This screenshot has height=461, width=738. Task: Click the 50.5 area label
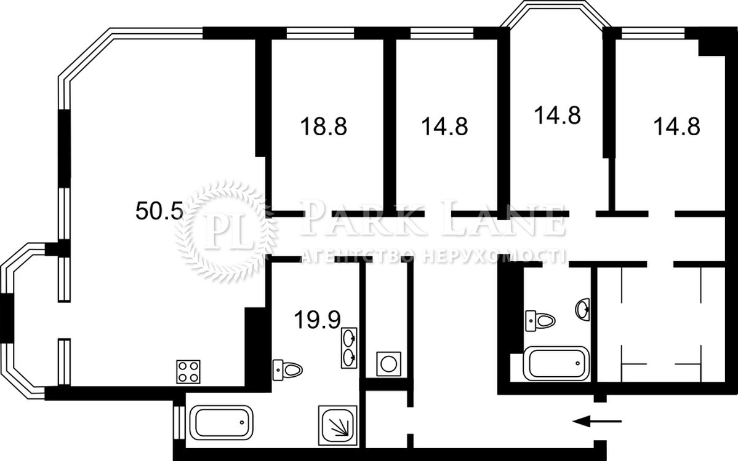click(159, 211)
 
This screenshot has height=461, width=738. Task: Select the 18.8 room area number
click(323, 127)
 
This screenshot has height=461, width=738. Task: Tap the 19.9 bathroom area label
click(317, 320)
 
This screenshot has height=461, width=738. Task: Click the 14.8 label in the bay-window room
click(557, 115)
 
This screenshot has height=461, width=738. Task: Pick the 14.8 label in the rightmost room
click(677, 127)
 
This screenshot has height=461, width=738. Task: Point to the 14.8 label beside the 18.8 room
click(444, 127)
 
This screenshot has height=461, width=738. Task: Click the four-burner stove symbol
click(188, 372)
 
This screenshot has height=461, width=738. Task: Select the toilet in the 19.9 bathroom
click(287, 370)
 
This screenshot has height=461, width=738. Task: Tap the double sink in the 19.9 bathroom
click(349, 348)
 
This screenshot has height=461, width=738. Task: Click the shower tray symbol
click(337, 425)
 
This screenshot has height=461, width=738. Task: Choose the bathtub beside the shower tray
click(221, 422)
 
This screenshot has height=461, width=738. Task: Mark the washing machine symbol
click(389, 364)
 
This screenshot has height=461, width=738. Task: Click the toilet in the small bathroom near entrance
click(540, 321)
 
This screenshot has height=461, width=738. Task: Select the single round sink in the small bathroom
click(582, 309)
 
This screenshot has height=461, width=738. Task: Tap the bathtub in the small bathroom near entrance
click(556, 363)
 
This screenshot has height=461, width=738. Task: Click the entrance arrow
click(597, 422)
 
